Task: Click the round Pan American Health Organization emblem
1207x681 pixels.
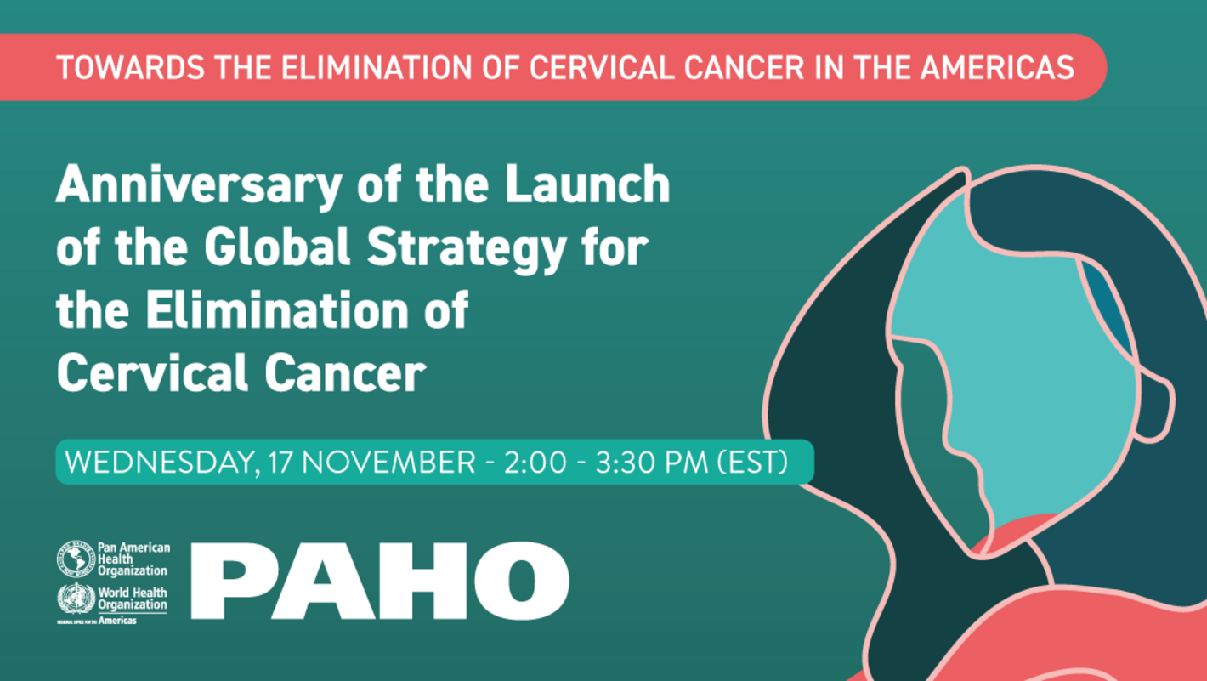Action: (76, 559)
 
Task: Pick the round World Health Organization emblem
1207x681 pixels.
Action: (76, 599)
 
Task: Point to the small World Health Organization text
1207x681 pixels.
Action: (132, 599)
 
